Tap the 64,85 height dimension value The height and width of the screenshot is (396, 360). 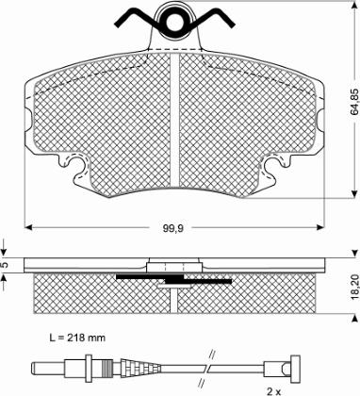click(354, 102)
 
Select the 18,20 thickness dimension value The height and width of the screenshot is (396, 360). click(355, 286)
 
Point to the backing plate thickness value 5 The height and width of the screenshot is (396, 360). click(4, 265)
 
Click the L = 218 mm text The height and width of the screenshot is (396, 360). click(77, 338)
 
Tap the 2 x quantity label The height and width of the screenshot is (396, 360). click(274, 391)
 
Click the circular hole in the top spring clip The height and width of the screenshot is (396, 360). click(173, 22)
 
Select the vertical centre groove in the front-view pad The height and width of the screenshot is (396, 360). click(174, 121)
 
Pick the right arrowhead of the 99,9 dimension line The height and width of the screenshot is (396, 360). click(319, 227)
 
